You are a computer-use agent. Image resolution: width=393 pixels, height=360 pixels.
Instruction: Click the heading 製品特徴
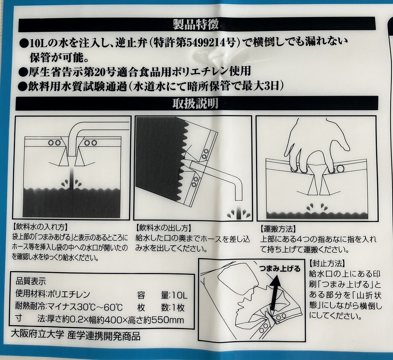tap(196, 25)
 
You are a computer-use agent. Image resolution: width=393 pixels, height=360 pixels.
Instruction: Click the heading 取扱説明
tap(195, 103)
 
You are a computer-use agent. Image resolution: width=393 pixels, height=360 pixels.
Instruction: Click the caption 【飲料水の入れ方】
tap(40, 227)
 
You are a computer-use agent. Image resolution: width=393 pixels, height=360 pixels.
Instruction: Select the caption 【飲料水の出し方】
tap(163, 228)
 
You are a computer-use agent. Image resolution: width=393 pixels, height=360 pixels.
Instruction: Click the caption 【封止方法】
tap(327, 264)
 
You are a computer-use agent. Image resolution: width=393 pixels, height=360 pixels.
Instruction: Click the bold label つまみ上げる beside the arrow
tap(279, 269)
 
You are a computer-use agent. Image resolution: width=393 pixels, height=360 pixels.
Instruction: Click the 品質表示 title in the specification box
tap(31, 281)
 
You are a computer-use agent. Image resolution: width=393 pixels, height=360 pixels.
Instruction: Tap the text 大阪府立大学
tap(38, 335)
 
